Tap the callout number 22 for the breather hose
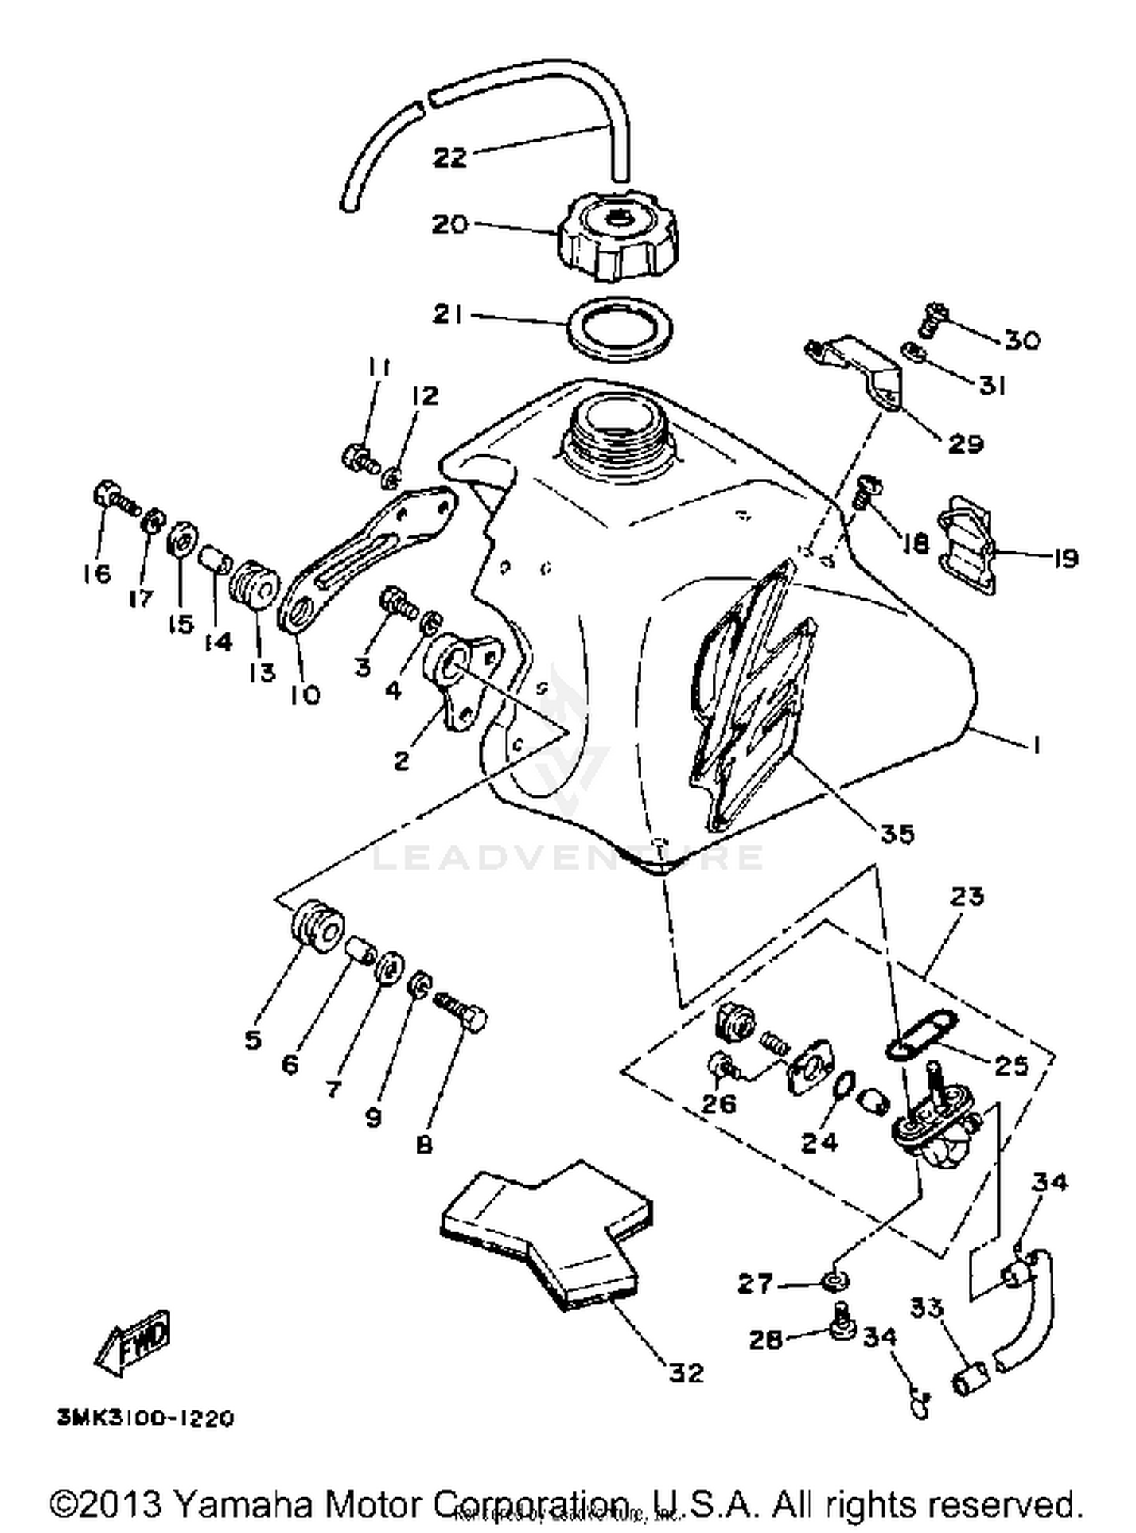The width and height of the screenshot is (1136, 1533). click(449, 158)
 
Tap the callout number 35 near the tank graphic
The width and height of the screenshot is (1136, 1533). click(897, 834)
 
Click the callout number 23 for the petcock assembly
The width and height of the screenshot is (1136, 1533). click(967, 896)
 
